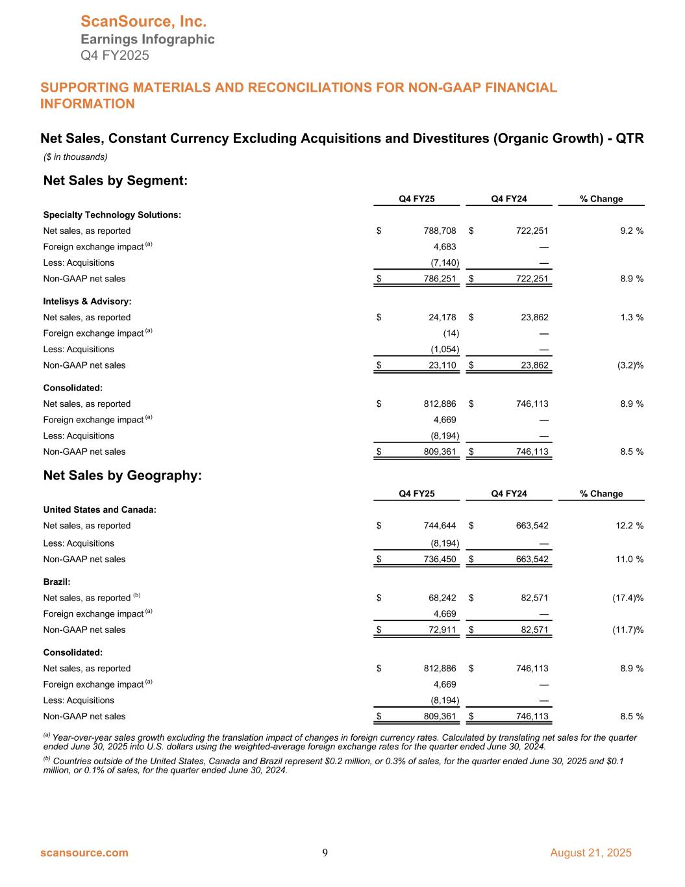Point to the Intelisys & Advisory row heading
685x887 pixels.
[87, 302]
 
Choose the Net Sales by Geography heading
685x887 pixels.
[122, 476]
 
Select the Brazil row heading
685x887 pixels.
[56, 582]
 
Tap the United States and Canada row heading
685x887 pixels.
[99, 509]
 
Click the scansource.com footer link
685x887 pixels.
[84, 853]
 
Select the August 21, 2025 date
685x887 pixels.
[590, 853]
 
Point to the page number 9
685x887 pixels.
[325, 853]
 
